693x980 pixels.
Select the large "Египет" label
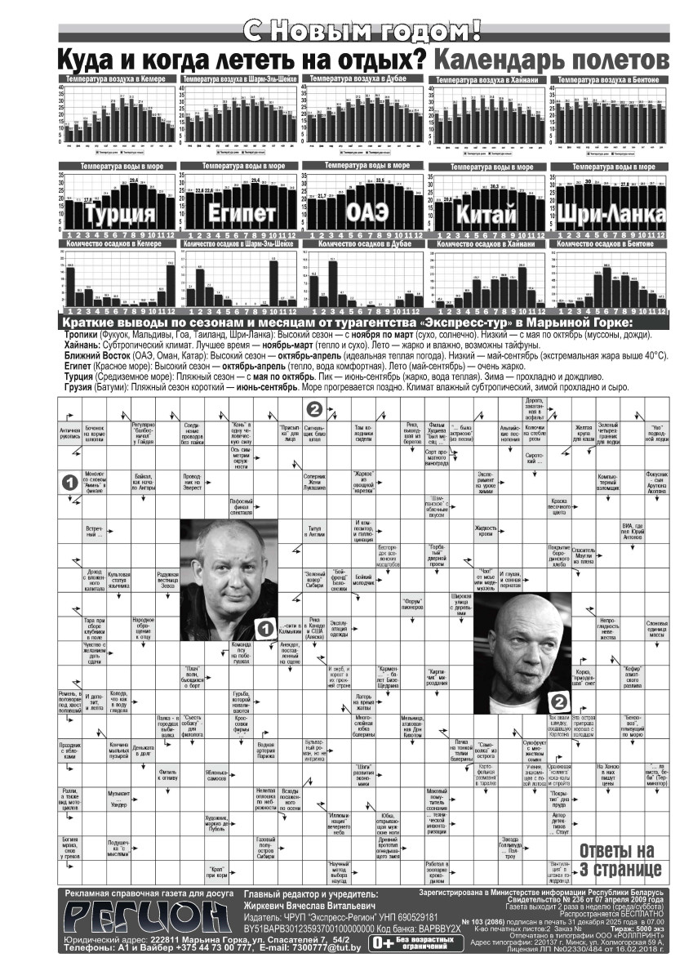(x=238, y=215)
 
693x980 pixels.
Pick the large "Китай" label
(x=488, y=214)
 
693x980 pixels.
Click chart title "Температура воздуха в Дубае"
(x=362, y=78)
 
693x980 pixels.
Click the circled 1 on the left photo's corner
(x=264, y=628)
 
